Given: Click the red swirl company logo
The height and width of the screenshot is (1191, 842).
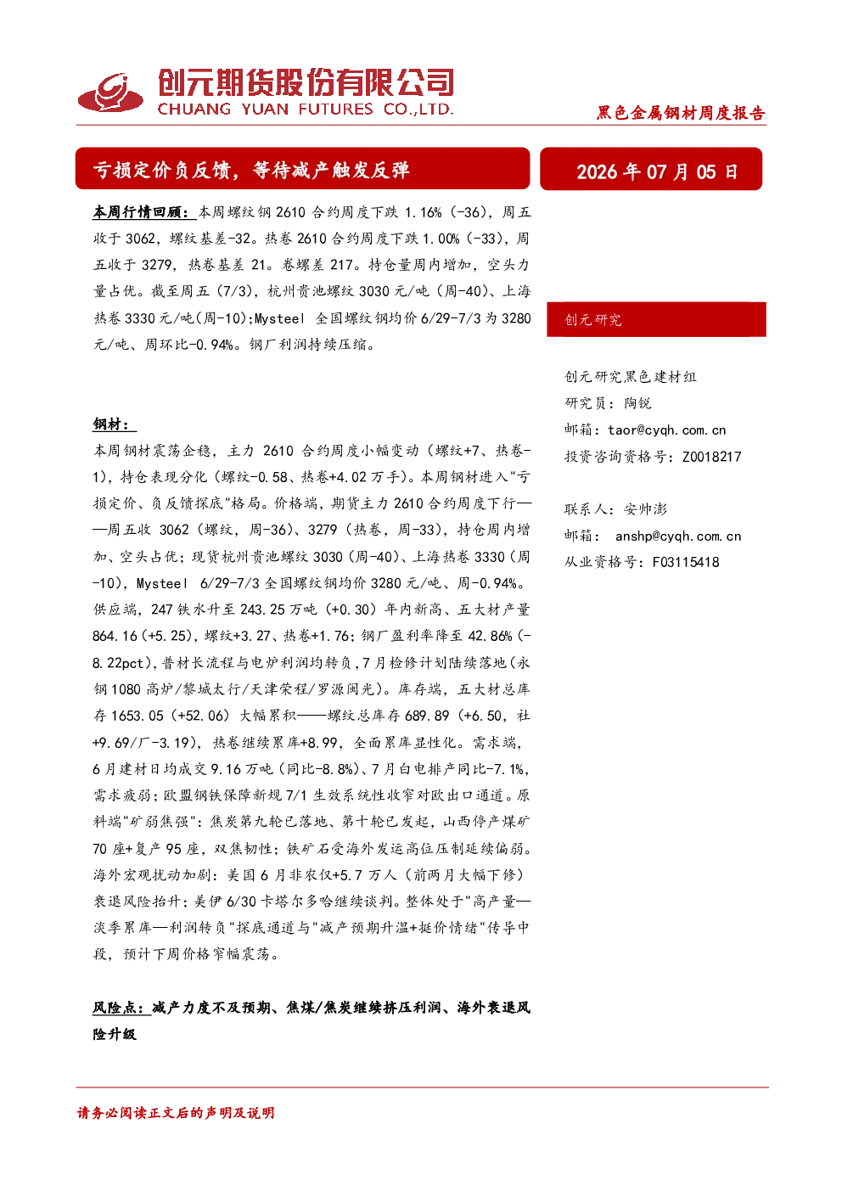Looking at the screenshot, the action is pos(110,93).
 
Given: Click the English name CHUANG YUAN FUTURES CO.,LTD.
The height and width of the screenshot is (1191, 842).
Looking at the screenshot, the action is pos(305,110).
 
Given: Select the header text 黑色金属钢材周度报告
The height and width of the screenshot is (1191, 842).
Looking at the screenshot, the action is pos(681,113).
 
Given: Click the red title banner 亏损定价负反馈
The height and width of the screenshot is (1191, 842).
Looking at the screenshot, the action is pos(302,169).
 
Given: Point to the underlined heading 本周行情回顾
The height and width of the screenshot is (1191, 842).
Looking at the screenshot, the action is pos(141,212).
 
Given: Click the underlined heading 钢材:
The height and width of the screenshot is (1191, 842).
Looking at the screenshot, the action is pos(114,424).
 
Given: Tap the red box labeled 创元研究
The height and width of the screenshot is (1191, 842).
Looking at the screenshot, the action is pos(656,319).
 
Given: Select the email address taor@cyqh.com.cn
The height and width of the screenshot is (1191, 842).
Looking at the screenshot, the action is pos(666,430).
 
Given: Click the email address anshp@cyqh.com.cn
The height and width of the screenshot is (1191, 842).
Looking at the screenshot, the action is pos(678,536).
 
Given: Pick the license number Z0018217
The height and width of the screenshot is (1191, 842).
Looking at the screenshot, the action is pos(711,456).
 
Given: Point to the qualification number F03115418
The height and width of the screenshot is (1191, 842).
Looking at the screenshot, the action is pos(686,562).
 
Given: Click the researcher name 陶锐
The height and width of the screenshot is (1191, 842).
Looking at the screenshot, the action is pos(637,403).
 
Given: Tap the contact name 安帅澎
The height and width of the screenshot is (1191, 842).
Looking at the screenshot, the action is pos(645,508).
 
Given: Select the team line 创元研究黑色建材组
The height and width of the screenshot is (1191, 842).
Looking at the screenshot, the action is pos(631,376).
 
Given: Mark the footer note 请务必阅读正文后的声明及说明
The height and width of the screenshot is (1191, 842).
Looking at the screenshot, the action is pos(176,1112).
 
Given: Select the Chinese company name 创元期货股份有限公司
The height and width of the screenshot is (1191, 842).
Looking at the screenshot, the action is pos(306,82).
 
